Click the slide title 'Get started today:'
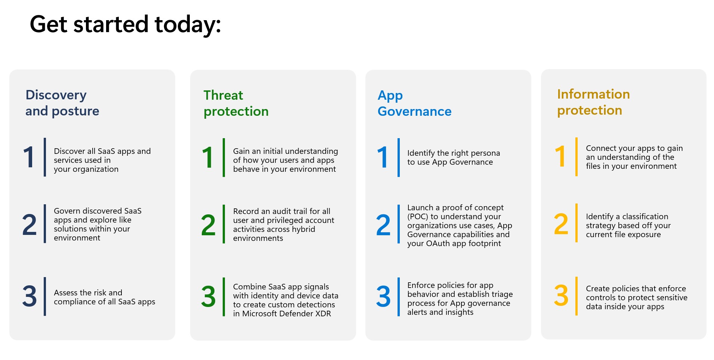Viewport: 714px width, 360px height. tap(125, 24)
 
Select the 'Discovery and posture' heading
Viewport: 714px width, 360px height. tap(62, 103)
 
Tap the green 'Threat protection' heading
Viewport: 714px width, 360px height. tap(236, 103)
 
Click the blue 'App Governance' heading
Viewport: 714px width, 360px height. tap(414, 103)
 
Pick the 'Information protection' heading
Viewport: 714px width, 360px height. tap(593, 102)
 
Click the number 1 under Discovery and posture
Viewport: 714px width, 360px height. tap(29, 157)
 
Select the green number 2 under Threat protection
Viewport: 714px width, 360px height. tap(208, 225)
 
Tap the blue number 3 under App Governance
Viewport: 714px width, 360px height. tap(383, 297)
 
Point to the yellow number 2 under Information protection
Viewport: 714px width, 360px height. tap(561, 224)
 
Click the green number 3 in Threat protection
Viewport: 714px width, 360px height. tap(208, 297)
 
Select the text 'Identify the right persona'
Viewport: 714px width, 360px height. tap(453, 153)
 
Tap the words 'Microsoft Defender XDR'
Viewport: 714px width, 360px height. tap(286, 314)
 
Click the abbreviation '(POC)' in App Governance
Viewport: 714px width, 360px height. tap(417, 217)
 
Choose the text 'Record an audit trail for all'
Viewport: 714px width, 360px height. tap(281, 211)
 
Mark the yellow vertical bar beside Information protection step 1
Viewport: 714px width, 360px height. tap(577, 157)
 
